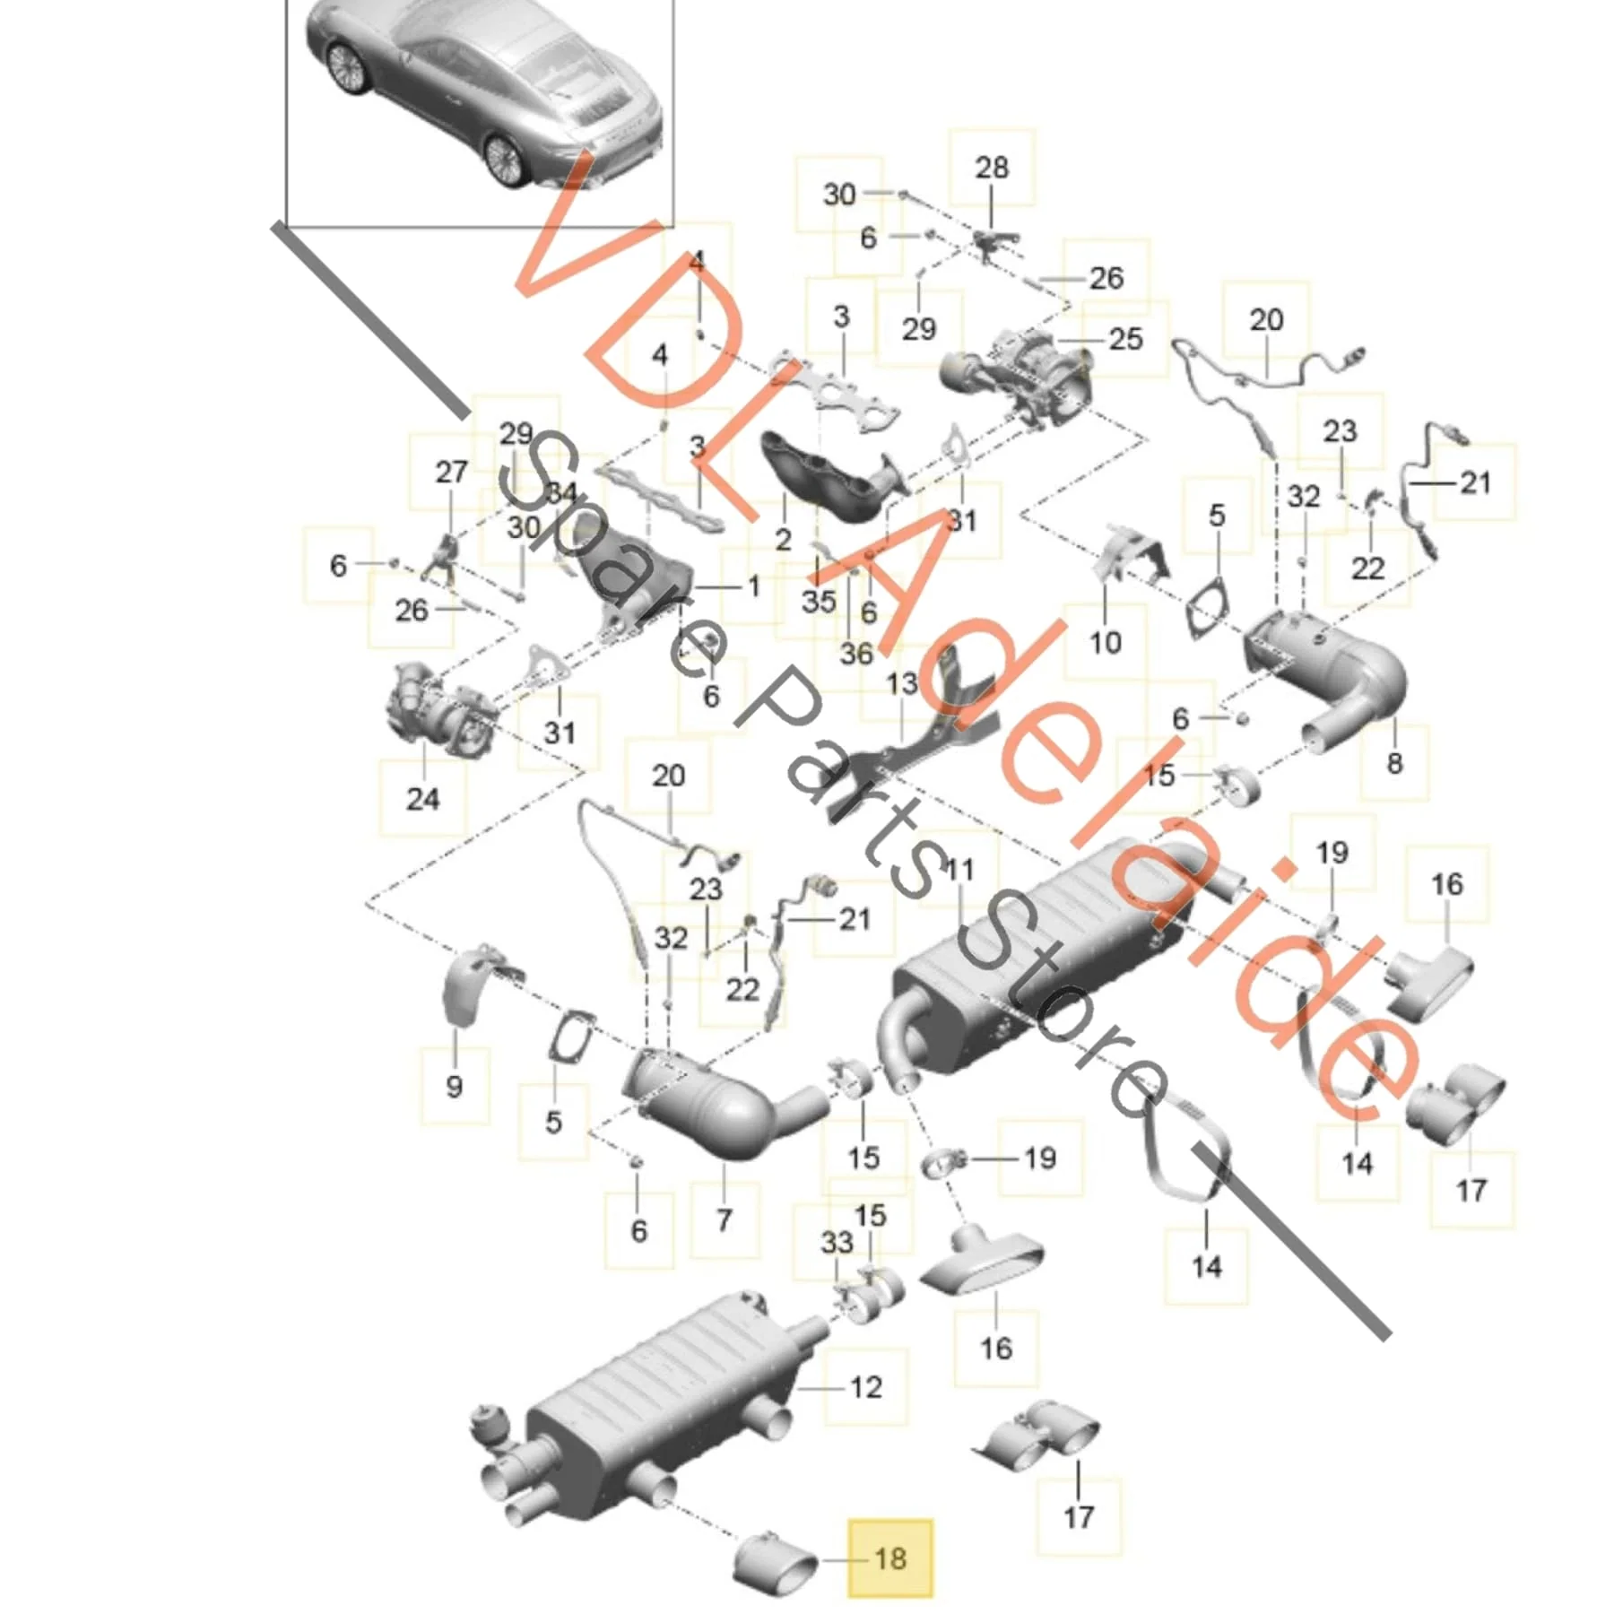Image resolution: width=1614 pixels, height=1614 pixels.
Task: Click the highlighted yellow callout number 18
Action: click(x=890, y=1558)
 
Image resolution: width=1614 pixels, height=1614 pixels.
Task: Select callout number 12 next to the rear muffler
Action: click(x=866, y=1387)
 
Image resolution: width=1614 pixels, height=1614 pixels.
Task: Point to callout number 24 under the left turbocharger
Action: click(x=423, y=798)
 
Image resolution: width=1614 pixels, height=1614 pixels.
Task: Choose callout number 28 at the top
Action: click(x=992, y=167)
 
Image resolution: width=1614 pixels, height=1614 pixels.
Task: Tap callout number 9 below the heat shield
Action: click(x=454, y=1086)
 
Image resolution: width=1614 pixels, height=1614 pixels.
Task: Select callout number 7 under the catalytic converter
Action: click(x=725, y=1219)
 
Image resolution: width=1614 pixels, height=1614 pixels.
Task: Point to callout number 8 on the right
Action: click(x=1394, y=763)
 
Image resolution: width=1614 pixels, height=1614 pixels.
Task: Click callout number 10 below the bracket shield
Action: click(x=1106, y=642)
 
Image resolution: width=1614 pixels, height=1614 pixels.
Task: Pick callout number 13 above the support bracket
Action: click(x=902, y=683)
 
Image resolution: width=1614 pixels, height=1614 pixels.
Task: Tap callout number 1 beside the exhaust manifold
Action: click(x=754, y=586)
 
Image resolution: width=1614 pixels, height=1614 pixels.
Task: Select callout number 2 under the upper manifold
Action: click(x=784, y=540)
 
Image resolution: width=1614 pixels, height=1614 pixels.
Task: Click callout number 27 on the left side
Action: click(x=451, y=472)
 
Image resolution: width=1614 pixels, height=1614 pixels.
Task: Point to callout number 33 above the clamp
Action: click(x=837, y=1243)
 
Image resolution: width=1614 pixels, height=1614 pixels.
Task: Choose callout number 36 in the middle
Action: click(x=856, y=653)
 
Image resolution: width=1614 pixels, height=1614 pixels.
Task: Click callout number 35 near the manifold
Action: click(x=819, y=601)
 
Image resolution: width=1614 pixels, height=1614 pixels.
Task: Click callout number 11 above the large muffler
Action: click(x=959, y=869)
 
